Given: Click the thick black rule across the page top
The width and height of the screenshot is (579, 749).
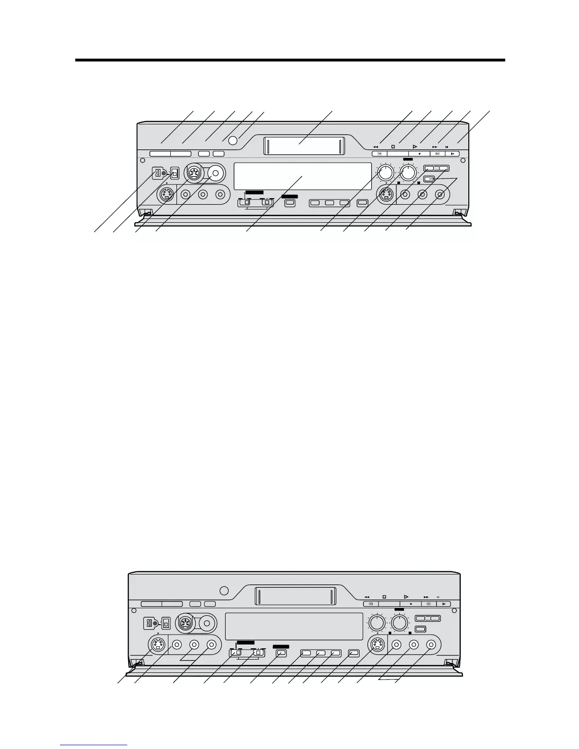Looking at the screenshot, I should click(x=289, y=60).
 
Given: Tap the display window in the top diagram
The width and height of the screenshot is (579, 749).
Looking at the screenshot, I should click(x=303, y=176).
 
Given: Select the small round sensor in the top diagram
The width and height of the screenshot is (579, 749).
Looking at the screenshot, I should click(x=232, y=140).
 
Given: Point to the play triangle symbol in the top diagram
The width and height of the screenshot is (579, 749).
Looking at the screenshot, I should click(x=415, y=147).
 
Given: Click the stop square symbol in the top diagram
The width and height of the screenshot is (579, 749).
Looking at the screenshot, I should click(x=393, y=147).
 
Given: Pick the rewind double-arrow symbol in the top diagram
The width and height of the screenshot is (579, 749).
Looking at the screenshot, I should click(x=376, y=147).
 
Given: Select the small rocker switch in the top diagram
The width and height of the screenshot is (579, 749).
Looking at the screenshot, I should click(x=175, y=173).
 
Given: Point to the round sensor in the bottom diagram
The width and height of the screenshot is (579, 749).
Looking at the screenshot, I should click(x=225, y=591).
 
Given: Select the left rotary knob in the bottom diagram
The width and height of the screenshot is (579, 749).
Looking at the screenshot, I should click(x=377, y=623).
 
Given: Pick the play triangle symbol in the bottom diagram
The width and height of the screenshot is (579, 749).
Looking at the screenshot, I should click(x=406, y=597).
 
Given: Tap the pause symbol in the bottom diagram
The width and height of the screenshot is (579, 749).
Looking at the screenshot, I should click(x=438, y=597).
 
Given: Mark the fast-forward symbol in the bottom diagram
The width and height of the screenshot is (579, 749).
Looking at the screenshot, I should click(x=426, y=597).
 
